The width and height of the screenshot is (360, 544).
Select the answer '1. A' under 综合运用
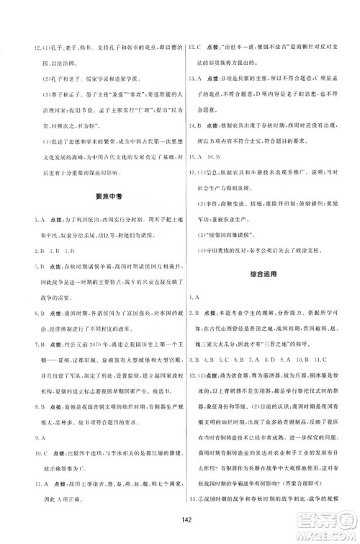tap(194, 297)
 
